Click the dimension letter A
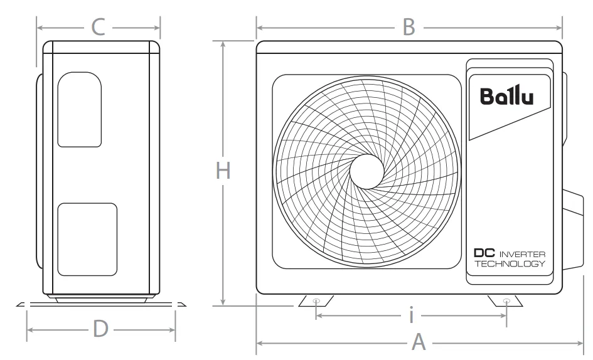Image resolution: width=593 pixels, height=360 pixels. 419,342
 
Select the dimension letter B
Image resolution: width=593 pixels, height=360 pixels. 409,27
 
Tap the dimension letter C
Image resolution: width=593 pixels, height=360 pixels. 99,27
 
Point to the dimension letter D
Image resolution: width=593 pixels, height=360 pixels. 100,329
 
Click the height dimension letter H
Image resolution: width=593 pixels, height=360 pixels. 223,171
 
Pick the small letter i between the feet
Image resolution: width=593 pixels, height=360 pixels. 412,315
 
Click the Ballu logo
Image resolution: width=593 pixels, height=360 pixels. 507,96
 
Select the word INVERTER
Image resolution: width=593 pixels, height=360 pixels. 522,254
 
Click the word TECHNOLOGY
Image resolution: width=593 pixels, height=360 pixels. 510,263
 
